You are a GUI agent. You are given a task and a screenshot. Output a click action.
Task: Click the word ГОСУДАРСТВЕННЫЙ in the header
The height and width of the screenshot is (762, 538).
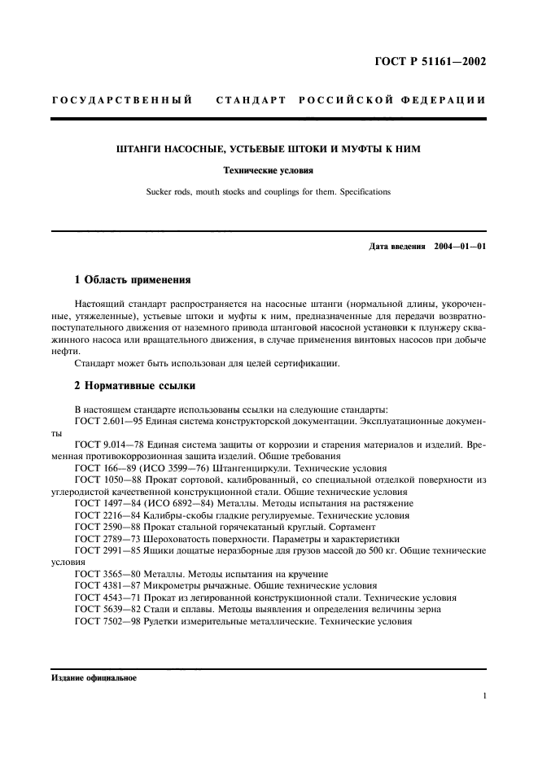coord(121,100)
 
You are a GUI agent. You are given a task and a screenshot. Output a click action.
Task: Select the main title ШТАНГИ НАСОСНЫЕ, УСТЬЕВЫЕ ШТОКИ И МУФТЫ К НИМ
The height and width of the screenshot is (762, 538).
coord(268,149)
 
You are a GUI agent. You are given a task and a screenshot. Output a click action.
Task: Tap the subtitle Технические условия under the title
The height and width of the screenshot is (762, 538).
coord(268,171)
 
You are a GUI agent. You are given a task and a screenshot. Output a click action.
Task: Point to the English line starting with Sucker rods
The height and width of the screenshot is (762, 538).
coord(268,192)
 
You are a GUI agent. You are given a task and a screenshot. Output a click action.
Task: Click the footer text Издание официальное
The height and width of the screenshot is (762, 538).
coord(94,677)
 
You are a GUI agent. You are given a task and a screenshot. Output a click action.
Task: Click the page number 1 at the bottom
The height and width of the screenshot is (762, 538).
coord(484,696)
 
